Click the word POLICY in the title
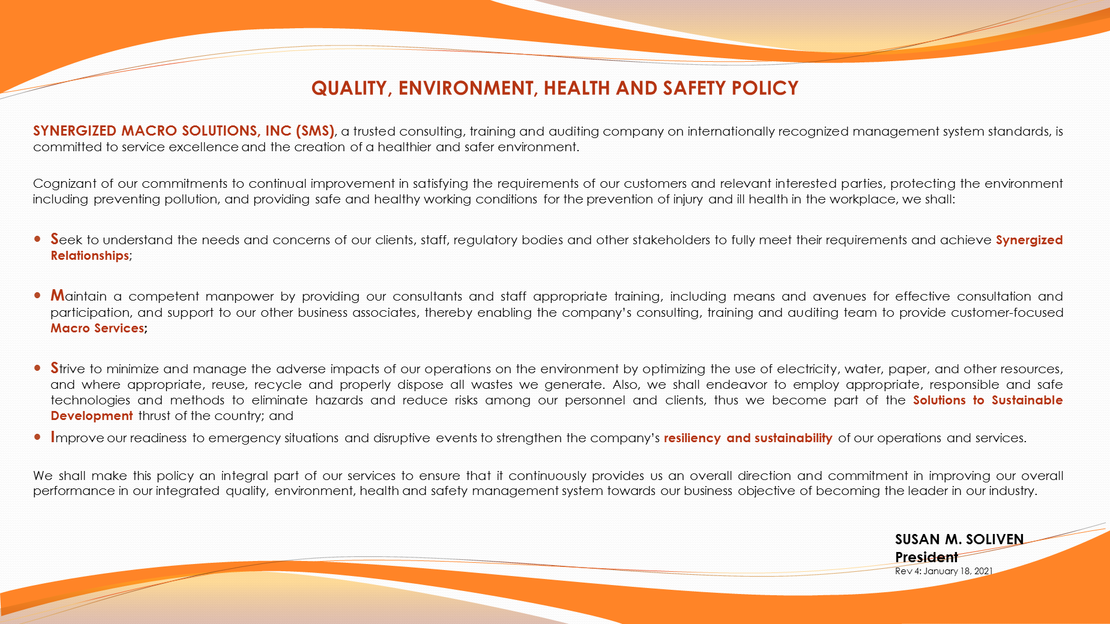coord(765,88)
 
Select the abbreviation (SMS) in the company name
coord(315,131)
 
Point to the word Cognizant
coord(64,184)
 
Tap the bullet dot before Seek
coord(38,239)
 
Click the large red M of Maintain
coord(57,295)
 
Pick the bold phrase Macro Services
coord(97,328)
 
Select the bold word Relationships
coord(89,256)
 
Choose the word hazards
coord(339,400)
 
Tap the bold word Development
coord(91,416)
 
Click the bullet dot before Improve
coord(38,437)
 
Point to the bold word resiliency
coord(692,438)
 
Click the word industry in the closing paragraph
coord(1014,491)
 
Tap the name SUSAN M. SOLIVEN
coord(959,539)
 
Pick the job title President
coord(926,557)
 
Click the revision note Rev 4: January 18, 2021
coord(943,571)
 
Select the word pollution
coord(189,199)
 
